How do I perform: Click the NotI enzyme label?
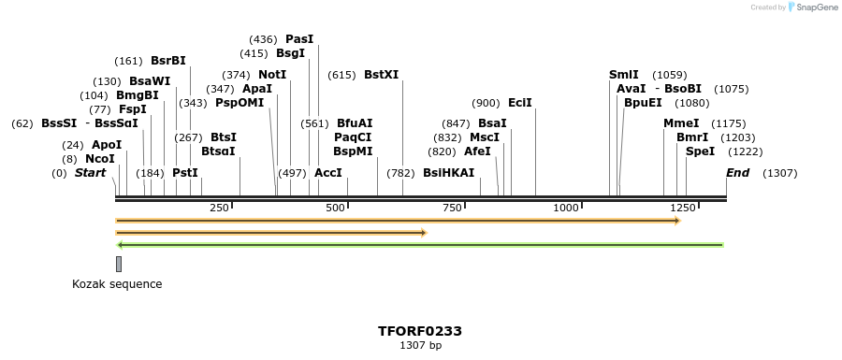click(x=272, y=75)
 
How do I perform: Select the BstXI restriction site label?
click(x=381, y=75)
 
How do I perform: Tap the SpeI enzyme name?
click(x=700, y=151)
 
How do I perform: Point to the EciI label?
click(x=519, y=103)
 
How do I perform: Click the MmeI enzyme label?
click(x=681, y=123)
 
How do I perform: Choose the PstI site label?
click(x=185, y=173)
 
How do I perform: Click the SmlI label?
click(x=623, y=75)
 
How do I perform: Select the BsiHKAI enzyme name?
click(x=449, y=173)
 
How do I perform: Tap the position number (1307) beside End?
click(x=780, y=173)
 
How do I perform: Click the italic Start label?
click(x=90, y=173)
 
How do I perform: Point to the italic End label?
click(x=737, y=173)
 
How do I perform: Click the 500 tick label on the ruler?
click(x=336, y=208)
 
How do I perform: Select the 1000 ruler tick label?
click(x=567, y=208)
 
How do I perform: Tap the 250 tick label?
click(x=219, y=208)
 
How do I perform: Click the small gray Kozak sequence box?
click(x=119, y=264)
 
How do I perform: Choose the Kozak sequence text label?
click(x=117, y=284)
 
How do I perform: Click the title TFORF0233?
click(x=420, y=331)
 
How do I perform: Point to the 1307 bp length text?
click(x=420, y=346)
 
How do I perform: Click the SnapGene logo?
click(x=813, y=7)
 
